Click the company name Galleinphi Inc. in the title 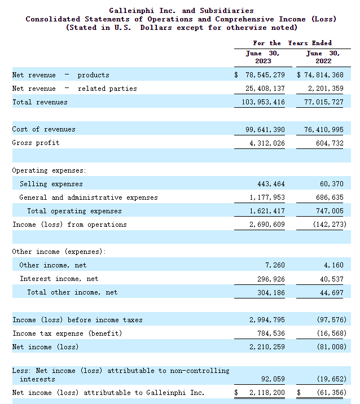(142, 11)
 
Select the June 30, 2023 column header (263, 57)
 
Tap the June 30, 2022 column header (323, 57)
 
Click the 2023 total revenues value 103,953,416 (263, 102)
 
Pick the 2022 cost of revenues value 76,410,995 (324, 129)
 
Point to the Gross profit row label (36, 143)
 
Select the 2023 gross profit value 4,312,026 (267, 143)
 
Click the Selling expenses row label (51, 184)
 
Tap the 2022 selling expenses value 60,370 (332, 184)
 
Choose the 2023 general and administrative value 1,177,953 (267, 197)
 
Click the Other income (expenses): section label (59, 252)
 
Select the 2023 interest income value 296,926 (271, 279)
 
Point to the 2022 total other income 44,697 (332, 293)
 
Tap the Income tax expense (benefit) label (67, 333)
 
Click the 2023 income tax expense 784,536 (271, 333)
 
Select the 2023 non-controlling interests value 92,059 (273, 379)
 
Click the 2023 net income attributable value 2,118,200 (267, 393)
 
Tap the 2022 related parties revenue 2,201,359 (326, 89)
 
